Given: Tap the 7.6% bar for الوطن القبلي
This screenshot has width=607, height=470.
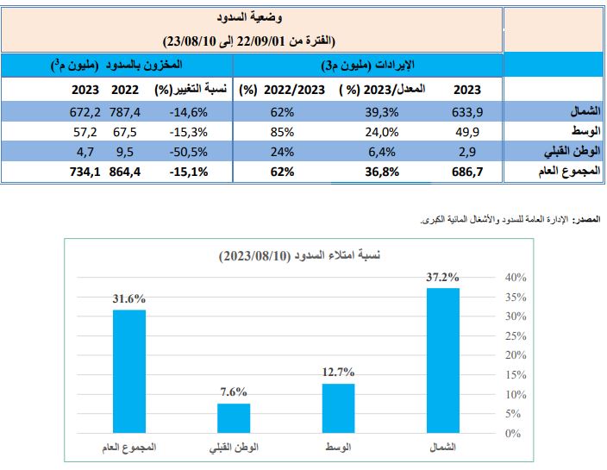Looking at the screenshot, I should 234,418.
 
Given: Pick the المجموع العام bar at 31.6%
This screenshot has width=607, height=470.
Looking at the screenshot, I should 128,371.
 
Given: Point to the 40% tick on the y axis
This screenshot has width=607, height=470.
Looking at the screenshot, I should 514,278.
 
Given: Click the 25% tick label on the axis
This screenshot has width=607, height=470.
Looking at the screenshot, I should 514,335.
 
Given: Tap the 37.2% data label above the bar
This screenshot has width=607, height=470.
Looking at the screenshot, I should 442,278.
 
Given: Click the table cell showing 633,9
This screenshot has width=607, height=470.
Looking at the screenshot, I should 468,111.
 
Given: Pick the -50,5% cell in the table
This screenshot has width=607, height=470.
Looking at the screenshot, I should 191,152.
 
